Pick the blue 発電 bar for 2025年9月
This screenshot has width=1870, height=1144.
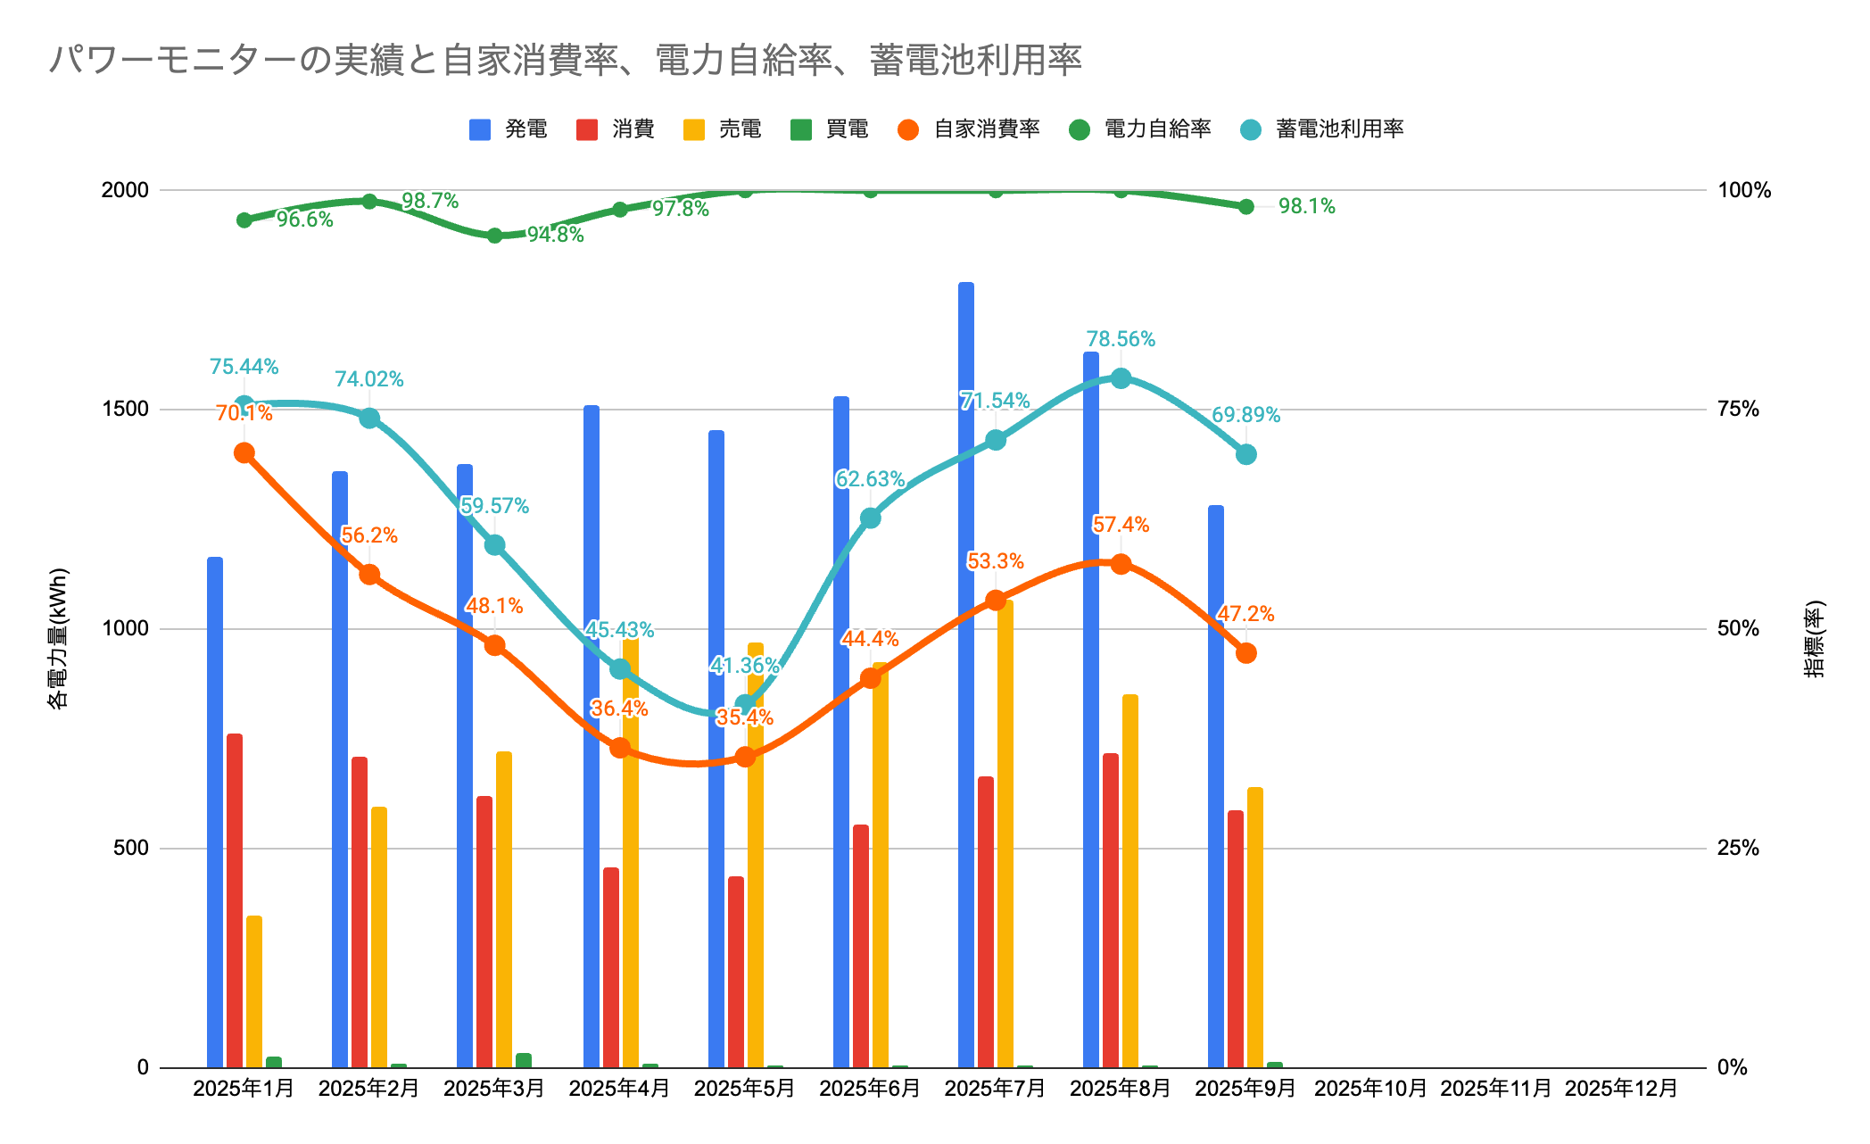tap(1215, 785)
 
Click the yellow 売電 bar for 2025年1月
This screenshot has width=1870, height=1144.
tap(254, 991)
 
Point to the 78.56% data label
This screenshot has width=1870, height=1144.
tap(1121, 339)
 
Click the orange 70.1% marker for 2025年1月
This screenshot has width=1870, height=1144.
tap(244, 452)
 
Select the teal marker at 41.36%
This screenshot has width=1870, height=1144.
tap(745, 703)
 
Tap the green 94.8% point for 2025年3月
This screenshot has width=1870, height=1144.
tap(494, 236)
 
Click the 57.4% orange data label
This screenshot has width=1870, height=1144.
tap(1121, 525)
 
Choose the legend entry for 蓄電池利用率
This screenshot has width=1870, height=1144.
tap(1323, 129)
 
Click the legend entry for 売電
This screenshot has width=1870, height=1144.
tap(723, 129)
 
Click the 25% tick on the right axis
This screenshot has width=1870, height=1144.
tap(1738, 848)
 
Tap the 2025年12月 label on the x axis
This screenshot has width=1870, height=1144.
tap(1621, 1089)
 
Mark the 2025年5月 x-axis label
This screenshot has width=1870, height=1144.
tap(744, 1089)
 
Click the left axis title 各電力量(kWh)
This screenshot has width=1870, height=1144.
tap(58, 638)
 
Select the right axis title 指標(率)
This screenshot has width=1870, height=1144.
tap(1815, 638)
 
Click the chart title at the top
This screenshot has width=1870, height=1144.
tap(565, 60)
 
